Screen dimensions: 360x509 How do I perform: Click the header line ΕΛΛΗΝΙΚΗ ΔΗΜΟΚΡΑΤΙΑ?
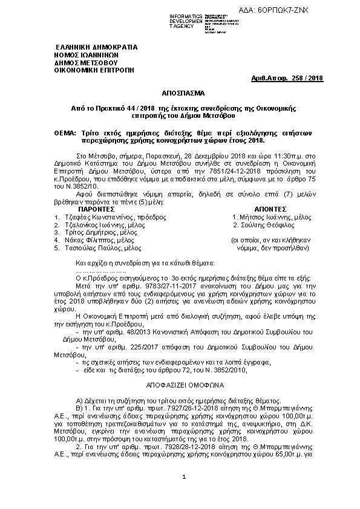click(96, 47)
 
